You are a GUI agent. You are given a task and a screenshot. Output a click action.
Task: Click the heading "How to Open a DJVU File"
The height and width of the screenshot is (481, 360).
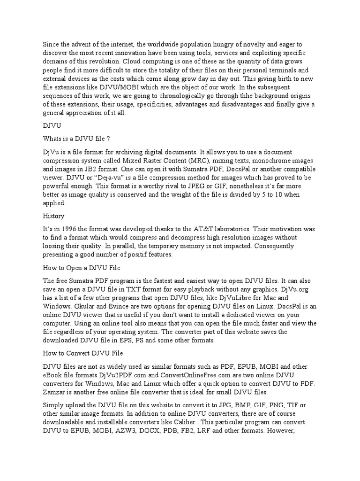[82, 268]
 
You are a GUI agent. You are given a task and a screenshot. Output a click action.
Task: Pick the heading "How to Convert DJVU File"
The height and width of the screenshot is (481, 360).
[82, 353]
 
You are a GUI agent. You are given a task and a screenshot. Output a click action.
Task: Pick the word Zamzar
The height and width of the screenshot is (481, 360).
[55, 392]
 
